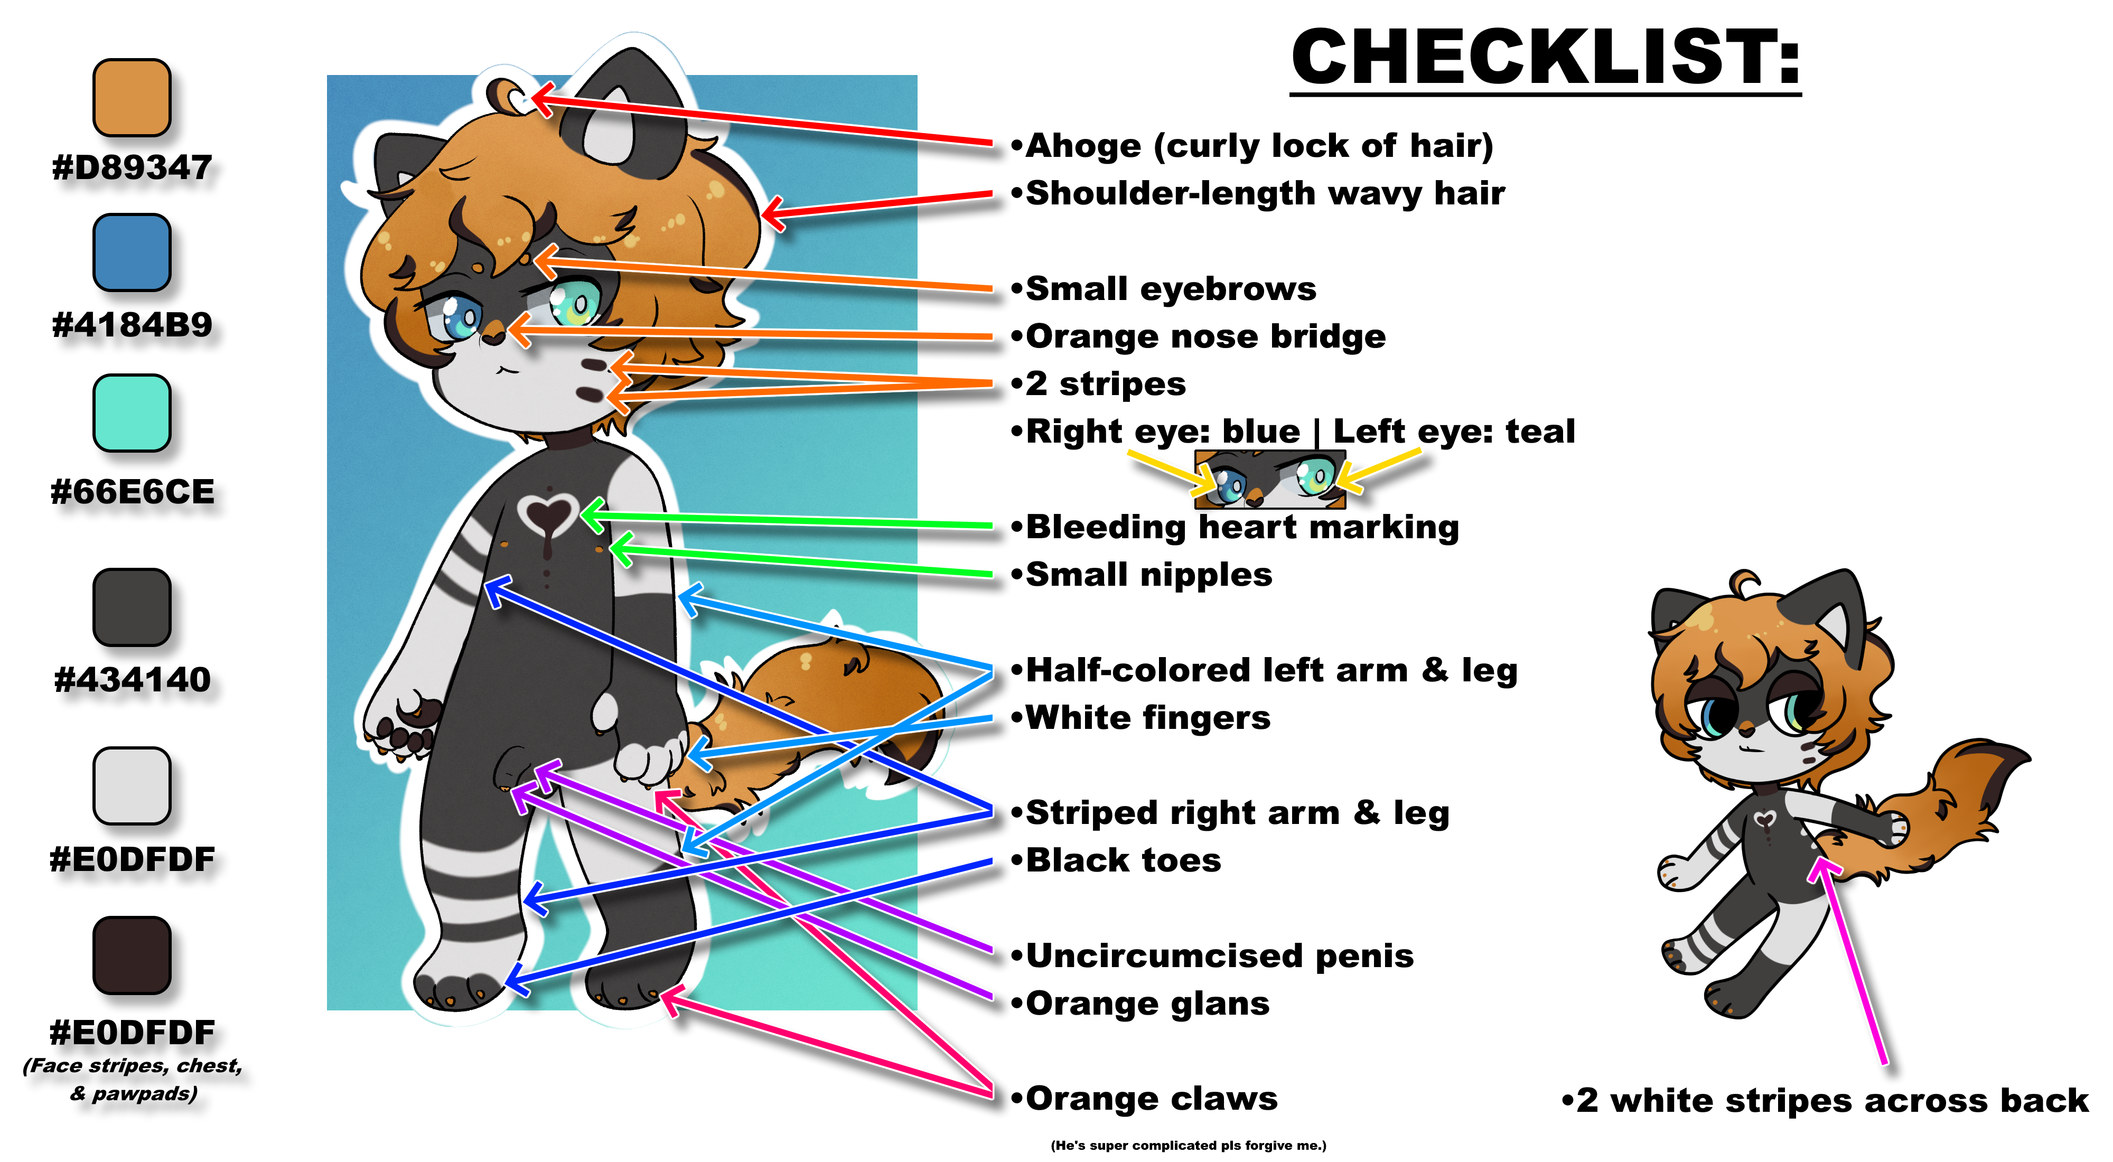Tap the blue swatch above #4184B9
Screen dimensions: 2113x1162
[131, 252]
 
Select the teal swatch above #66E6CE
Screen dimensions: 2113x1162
[131, 413]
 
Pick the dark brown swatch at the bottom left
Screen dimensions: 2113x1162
[131, 954]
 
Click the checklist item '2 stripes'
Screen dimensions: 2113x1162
[1105, 384]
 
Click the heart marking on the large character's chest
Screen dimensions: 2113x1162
[548, 517]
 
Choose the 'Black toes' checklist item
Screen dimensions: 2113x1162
[1123, 861]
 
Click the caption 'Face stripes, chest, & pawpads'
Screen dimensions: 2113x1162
[133, 1079]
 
